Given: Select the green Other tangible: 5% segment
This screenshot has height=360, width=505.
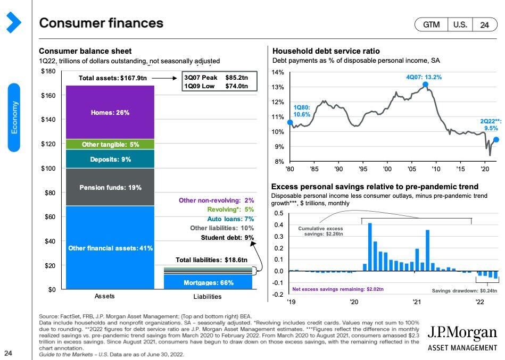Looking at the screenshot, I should (x=110, y=144).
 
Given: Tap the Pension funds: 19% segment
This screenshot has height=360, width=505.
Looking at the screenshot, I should (x=110, y=187).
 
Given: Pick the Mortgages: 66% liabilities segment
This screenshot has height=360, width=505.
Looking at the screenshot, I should (x=208, y=282).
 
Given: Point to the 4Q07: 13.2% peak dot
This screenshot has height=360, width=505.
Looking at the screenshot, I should (x=426, y=85).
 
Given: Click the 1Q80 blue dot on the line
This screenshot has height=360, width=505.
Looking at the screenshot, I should (x=290, y=123).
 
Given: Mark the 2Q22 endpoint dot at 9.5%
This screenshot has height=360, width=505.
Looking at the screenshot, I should (x=496, y=140).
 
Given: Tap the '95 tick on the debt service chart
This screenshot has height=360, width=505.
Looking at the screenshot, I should (x=362, y=169).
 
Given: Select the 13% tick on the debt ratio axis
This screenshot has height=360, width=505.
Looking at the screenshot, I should (x=278, y=87).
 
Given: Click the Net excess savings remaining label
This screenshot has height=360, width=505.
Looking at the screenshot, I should (x=338, y=290).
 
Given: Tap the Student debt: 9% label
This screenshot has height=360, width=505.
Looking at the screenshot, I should (x=227, y=238).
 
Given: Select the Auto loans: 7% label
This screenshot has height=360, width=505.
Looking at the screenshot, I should (x=230, y=219).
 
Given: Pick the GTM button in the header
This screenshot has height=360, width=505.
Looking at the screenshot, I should (x=431, y=25).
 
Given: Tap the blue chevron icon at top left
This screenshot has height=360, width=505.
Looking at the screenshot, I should (x=13, y=22).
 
